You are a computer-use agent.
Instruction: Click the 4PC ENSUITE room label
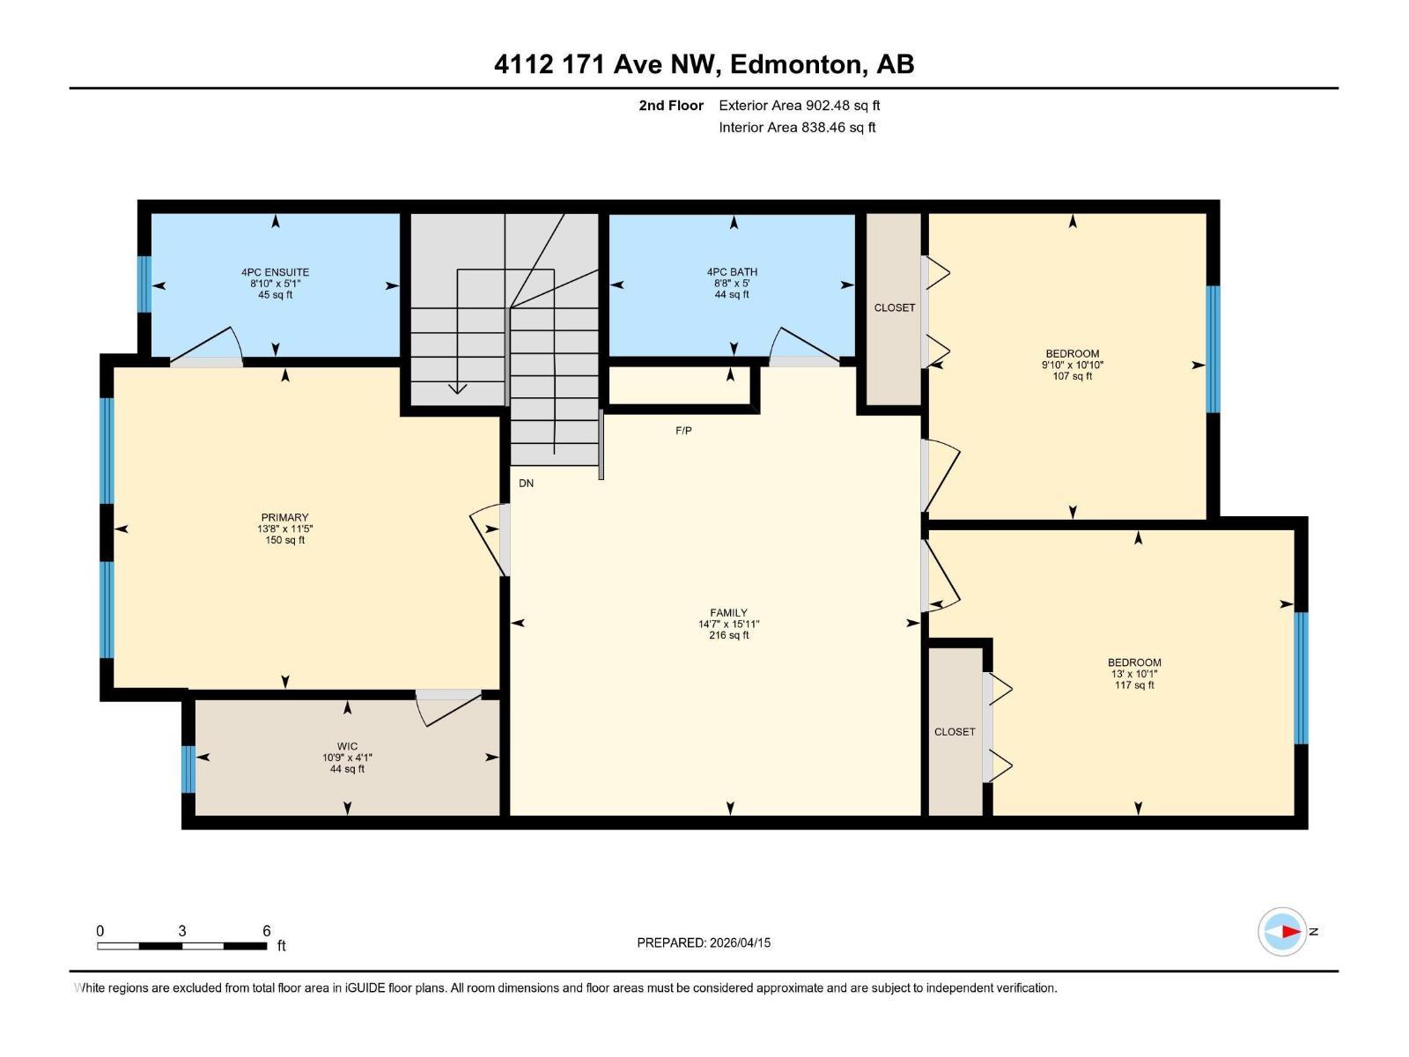(x=275, y=272)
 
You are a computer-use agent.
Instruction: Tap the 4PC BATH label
(x=732, y=272)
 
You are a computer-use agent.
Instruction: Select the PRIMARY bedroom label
(x=284, y=518)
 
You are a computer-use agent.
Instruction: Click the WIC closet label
(x=347, y=746)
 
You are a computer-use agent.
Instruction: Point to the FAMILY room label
(x=728, y=613)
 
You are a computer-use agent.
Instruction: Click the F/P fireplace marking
(x=683, y=431)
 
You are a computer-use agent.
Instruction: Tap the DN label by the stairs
(x=526, y=484)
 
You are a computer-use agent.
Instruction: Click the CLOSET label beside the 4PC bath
(x=894, y=307)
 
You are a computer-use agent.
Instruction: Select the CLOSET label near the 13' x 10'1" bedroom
(x=955, y=732)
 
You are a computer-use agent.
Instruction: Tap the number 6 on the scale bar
(x=266, y=931)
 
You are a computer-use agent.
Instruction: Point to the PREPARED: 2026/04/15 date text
(x=704, y=942)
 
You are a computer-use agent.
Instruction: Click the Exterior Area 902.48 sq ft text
(x=800, y=106)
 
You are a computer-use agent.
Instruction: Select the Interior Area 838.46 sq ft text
(x=797, y=127)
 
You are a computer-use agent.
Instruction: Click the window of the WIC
(x=188, y=768)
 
